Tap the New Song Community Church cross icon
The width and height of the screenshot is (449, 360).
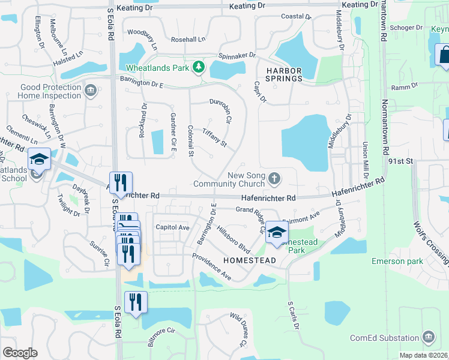tap(274, 178)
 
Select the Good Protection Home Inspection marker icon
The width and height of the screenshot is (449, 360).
tap(91, 91)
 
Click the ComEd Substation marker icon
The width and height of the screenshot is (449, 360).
tap(428, 337)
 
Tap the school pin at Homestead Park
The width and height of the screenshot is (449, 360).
tap(276, 232)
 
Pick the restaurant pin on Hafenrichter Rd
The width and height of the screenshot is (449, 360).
tap(119, 182)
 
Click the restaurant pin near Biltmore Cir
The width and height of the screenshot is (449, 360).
tap(135, 302)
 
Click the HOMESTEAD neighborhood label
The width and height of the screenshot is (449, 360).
tap(249, 260)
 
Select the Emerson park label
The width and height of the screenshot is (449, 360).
tap(397, 261)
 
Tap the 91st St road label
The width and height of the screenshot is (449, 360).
tap(402, 161)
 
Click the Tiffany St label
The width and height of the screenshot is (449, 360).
tap(214, 137)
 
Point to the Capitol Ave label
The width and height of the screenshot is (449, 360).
tap(172, 227)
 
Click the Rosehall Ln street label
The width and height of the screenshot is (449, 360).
tap(188, 40)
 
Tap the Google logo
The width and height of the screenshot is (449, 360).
tap(20, 353)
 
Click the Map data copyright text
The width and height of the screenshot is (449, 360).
tap(423, 355)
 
